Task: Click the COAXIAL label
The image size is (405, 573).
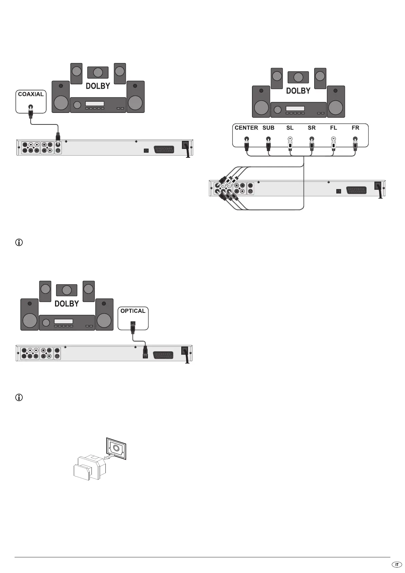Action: point(31,94)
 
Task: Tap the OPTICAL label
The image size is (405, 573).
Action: point(133,311)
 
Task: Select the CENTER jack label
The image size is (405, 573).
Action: point(246,128)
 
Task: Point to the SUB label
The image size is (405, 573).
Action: point(268,128)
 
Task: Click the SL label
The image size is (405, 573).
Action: point(290,128)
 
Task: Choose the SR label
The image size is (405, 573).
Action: point(311,128)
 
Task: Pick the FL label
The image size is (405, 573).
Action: point(333,128)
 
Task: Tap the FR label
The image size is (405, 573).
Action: point(355,128)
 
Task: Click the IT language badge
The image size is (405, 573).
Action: point(396,564)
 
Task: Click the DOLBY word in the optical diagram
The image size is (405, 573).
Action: point(67,304)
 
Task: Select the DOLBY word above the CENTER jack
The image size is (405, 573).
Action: point(298,91)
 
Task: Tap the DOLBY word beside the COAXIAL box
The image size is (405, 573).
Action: point(98,86)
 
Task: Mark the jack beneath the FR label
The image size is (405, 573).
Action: point(355,139)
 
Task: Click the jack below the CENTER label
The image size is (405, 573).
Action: point(246,139)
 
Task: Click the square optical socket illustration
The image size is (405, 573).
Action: point(116,448)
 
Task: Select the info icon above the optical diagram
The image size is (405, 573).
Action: point(19,243)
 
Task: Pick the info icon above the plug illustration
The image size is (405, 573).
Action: point(19,397)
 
